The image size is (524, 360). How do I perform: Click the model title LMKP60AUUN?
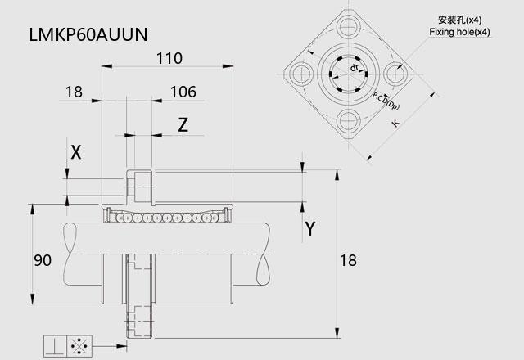click(88, 34)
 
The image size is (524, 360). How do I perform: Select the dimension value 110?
click(169, 58)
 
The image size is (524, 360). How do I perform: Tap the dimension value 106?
click(183, 92)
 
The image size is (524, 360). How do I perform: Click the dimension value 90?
click(43, 260)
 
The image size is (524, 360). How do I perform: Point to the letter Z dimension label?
click(183, 125)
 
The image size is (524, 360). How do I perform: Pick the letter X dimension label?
click(76, 153)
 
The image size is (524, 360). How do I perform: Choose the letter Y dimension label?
click(310, 229)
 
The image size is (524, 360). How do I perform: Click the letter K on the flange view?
click(395, 124)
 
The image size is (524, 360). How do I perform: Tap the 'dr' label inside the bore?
click(355, 68)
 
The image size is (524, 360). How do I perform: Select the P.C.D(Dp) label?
click(386, 101)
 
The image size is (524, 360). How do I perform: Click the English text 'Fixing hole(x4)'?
click(459, 32)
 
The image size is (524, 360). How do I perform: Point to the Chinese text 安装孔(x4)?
click(460, 20)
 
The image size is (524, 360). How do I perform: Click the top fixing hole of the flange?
click(349, 25)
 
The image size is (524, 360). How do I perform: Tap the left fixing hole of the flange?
click(301, 74)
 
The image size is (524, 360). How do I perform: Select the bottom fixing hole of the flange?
click(349, 121)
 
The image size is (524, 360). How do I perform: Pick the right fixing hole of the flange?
click(395, 74)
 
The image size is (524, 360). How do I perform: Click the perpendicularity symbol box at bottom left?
click(56, 346)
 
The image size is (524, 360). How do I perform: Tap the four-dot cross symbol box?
click(79, 346)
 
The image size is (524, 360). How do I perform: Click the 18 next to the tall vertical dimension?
click(348, 260)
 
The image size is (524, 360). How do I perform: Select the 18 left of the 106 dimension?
click(74, 92)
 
